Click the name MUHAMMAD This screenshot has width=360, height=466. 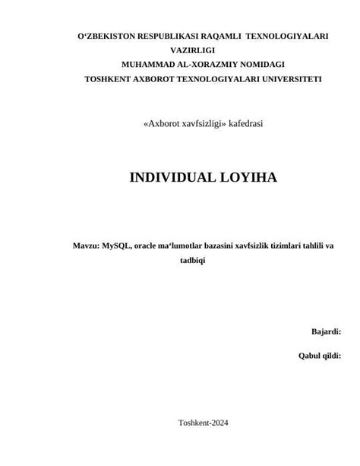point(150,65)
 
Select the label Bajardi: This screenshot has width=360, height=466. point(326,331)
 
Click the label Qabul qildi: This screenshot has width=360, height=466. point(319,356)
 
